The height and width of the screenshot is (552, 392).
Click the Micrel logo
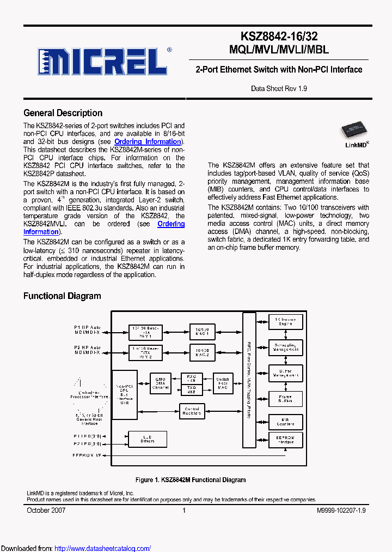point(102,62)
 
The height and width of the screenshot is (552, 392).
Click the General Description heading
point(63,113)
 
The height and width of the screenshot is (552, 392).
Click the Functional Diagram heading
point(62,296)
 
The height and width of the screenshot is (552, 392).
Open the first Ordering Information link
point(147,142)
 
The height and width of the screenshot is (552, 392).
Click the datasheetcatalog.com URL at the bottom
point(103,548)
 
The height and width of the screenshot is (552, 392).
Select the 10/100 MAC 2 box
point(203,352)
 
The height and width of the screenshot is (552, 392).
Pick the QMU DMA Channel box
point(160,383)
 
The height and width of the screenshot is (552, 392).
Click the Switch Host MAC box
point(223,383)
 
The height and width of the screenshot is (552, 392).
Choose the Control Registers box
point(192,412)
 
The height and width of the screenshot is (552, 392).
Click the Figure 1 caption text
point(190,480)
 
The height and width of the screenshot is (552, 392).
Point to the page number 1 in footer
point(184,511)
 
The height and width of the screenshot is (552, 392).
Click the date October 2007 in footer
point(46,511)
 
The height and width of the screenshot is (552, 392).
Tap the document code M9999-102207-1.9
point(341,511)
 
